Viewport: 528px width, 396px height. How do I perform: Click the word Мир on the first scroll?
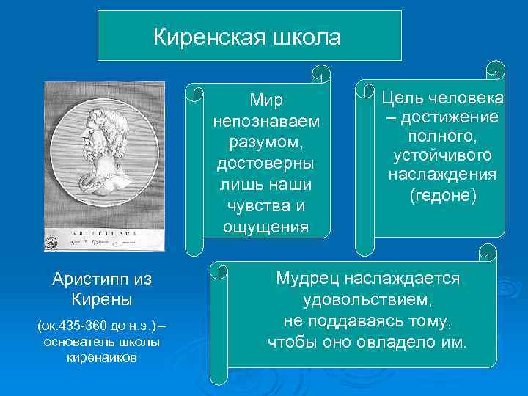[265, 99]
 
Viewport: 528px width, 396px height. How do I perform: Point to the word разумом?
[265, 142]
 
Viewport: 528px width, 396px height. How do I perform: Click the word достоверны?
[265, 163]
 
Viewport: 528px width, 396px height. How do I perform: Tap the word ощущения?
[265, 227]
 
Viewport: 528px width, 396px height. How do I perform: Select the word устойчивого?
[441, 156]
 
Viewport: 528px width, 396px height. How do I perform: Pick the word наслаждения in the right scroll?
[441, 175]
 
